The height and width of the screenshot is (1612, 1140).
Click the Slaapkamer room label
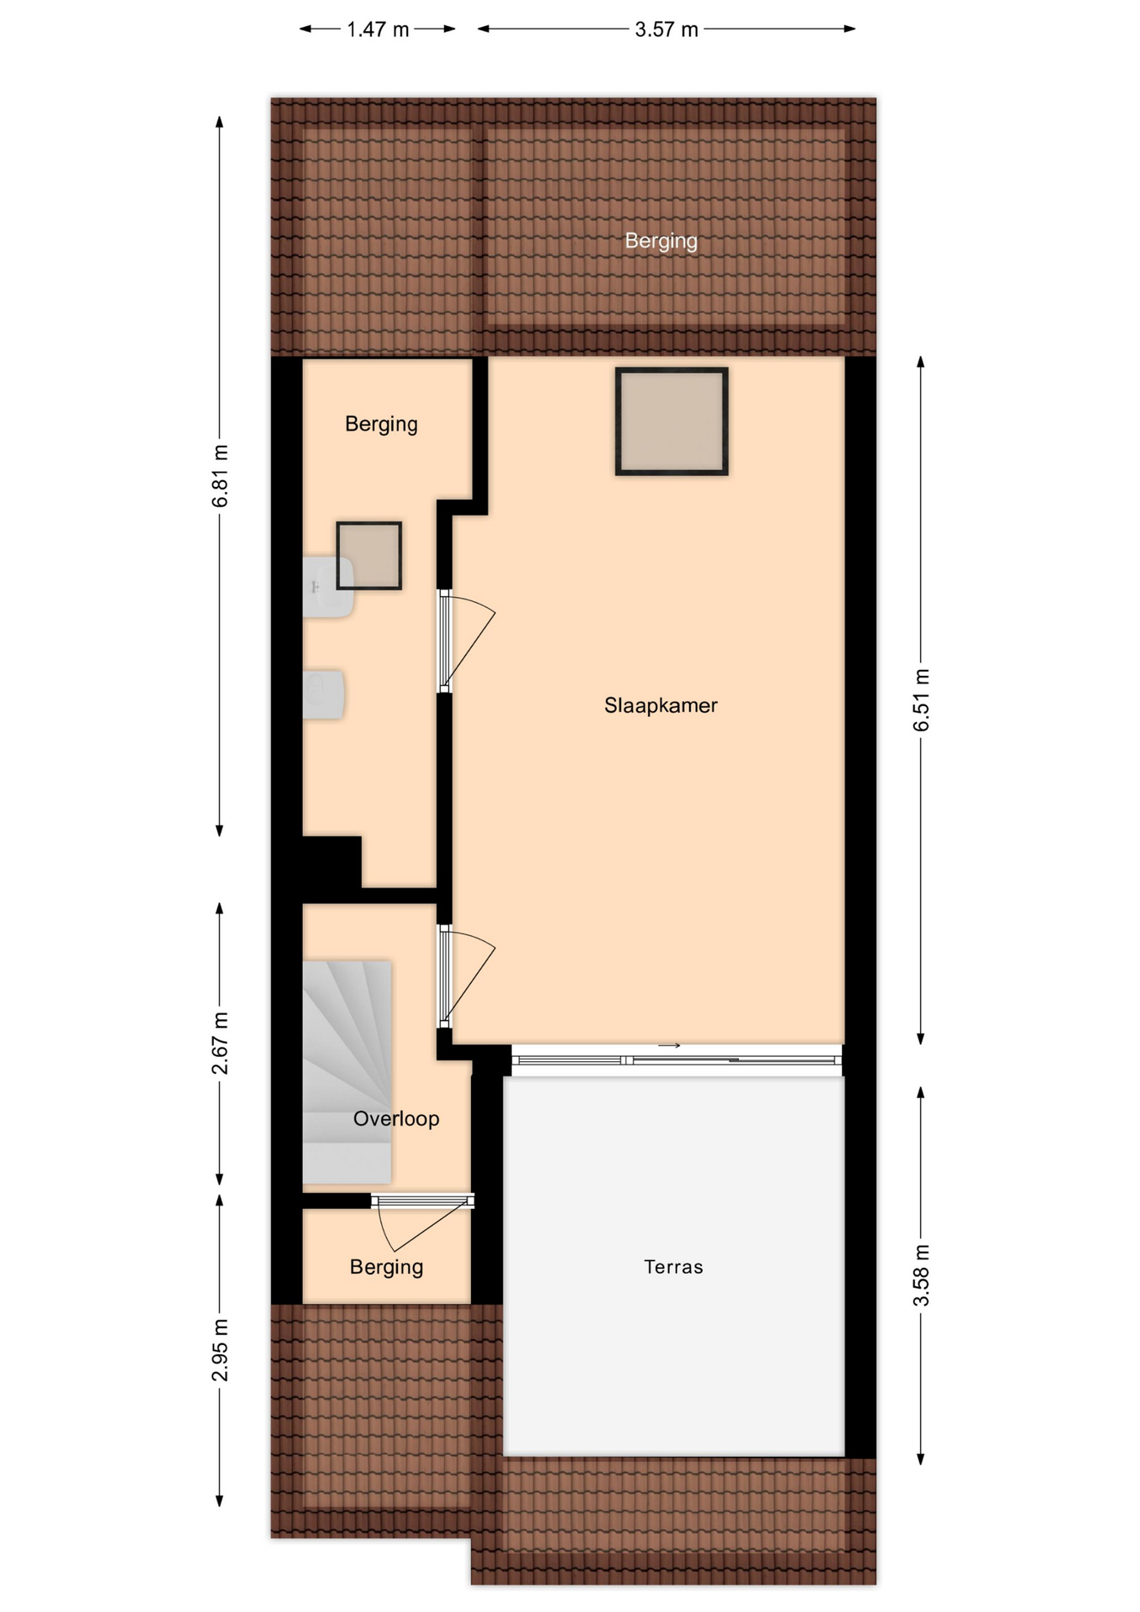[x=661, y=706]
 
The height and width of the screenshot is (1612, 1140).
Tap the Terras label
[x=673, y=1267]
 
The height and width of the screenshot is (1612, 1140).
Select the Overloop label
[x=396, y=1119]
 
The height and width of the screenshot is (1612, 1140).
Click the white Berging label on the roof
[x=662, y=242]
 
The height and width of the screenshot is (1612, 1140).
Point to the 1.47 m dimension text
[x=379, y=30]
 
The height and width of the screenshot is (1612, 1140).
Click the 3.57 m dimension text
[x=667, y=30]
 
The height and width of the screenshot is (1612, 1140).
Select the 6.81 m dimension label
[x=220, y=476]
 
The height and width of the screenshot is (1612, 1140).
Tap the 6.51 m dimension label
[x=922, y=700]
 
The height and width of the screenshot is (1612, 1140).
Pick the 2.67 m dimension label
[x=220, y=1044]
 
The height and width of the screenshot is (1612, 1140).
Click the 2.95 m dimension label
[x=220, y=1350]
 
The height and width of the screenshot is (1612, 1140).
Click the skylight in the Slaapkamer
[x=672, y=421]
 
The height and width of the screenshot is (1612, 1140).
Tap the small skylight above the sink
[x=369, y=556]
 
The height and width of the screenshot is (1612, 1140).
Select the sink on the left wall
[x=327, y=587]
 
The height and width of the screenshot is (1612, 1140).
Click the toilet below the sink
[x=323, y=694]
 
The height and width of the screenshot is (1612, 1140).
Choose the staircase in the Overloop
[x=347, y=1072]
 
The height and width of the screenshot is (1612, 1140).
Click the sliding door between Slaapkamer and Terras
[x=677, y=1060]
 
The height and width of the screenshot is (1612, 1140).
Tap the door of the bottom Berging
[x=422, y=1202]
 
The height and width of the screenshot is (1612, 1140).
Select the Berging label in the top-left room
[x=381, y=425]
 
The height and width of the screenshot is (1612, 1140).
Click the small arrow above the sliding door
[x=669, y=1046]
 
